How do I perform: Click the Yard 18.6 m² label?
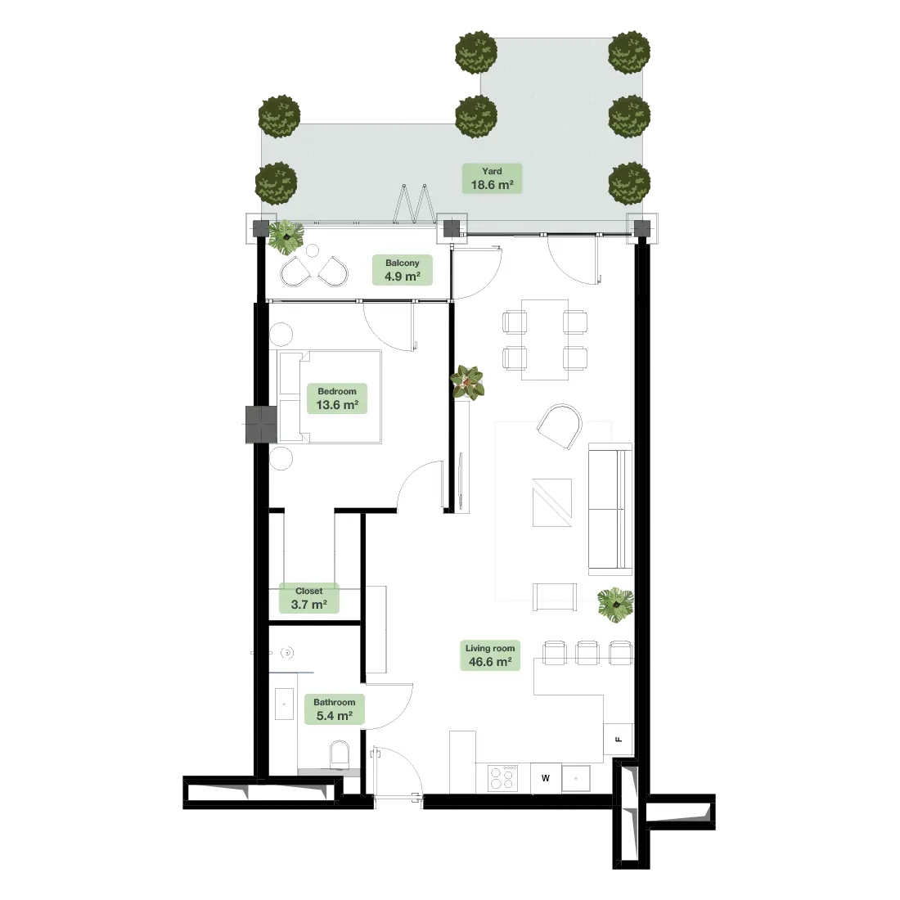[x=492, y=178]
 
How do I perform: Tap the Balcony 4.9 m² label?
[x=402, y=270]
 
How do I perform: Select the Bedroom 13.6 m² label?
[x=337, y=398]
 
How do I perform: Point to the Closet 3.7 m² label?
[x=308, y=598]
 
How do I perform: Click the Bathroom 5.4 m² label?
[x=334, y=709]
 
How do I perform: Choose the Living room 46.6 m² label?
[x=489, y=655]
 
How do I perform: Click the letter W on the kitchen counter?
[x=545, y=778]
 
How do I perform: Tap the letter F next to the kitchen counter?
[x=619, y=740]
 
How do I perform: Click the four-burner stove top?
[x=503, y=778]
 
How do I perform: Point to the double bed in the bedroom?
[x=330, y=397]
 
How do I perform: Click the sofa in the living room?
[x=610, y=509]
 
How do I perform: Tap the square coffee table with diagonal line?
[x=552, y=502]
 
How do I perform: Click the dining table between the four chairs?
[x=545, y=340]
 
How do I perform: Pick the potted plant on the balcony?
[x=286, y=236]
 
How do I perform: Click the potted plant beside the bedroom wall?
[x=467, y=383]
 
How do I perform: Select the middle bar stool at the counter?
[x=587, y=653]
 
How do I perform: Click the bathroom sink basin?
[x=284, y=704]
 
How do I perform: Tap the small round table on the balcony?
[x=313, y=250]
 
